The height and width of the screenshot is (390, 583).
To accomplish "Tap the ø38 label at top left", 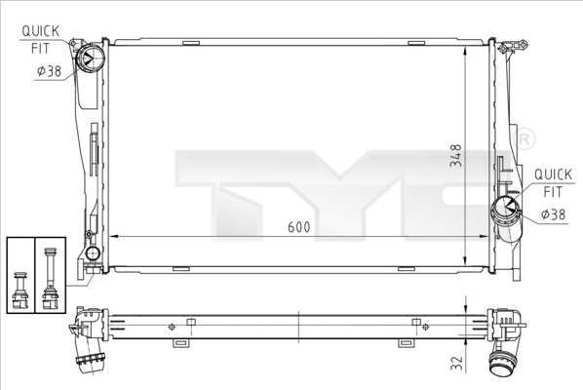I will [50, 70].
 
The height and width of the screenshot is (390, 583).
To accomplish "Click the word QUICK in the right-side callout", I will [551, 175].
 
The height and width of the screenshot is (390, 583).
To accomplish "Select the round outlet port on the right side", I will [507, 207].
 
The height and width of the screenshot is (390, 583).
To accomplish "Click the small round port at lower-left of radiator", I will [93, 255].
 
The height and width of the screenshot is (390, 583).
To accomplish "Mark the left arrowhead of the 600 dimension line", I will [111, 236].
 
